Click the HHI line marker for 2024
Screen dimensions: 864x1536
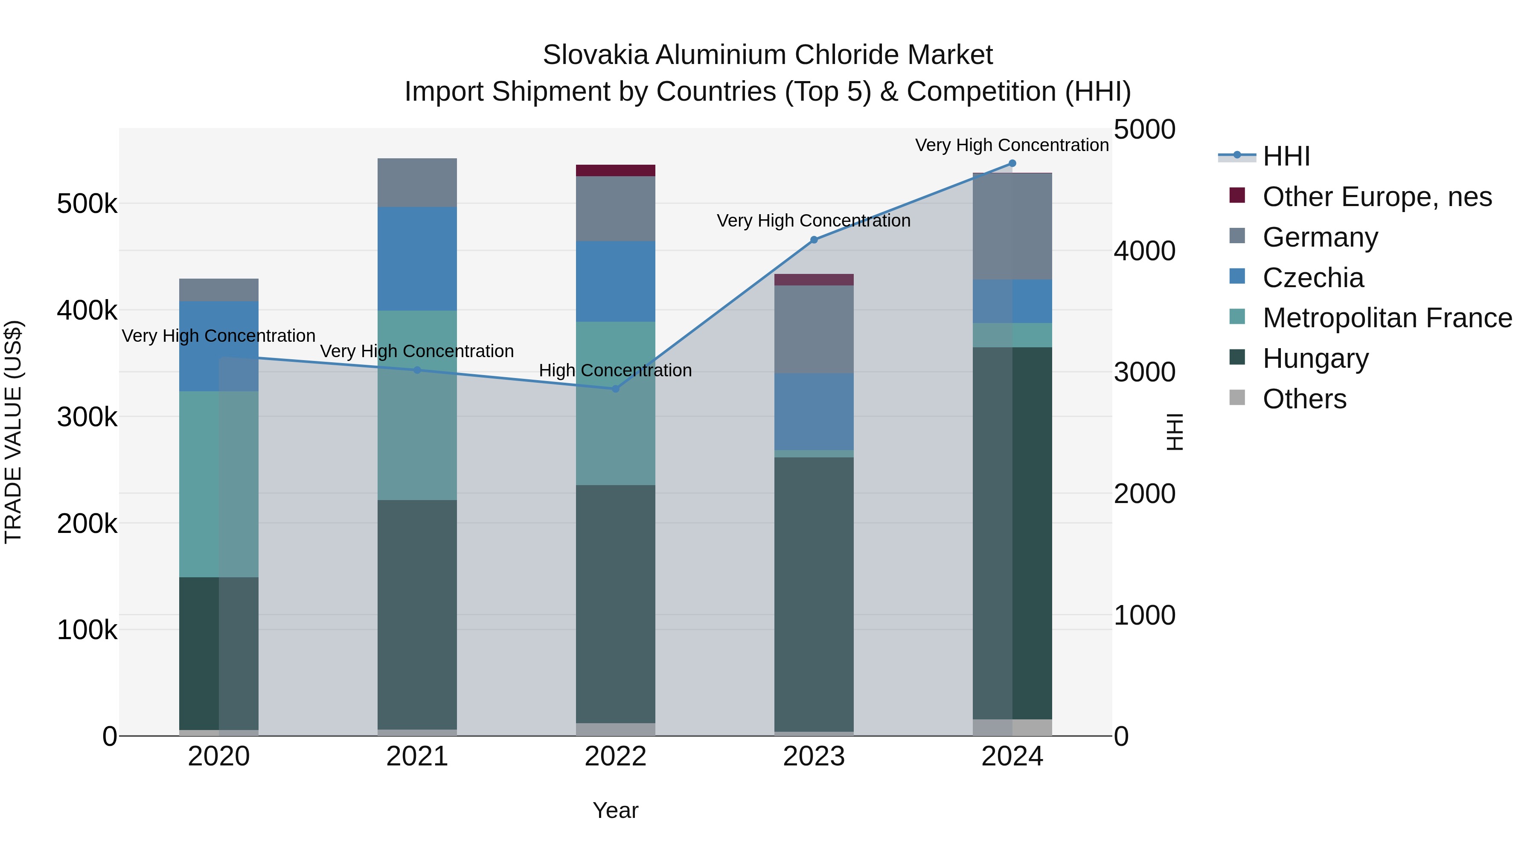coord(1012,163)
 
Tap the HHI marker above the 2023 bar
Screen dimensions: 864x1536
coord(814,240)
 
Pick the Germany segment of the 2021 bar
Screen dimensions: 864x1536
coord(417,183)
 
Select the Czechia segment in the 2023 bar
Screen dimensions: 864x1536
coord(814,411)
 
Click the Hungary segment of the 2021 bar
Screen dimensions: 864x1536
coord(417,614)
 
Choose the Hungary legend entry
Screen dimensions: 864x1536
coord(1315,358)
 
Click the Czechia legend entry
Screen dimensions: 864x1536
coord(1312,278)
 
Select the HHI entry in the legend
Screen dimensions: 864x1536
coord(1286,156)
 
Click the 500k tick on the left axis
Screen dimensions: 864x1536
coord(87,204)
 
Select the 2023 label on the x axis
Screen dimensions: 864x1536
coord(814,756)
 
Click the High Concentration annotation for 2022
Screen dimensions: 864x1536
coord(615,370)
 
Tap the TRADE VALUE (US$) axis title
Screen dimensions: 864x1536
coord(13,432)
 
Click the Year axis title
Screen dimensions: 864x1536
coord(615,810)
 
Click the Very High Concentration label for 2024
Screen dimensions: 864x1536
coord(1012,145)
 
